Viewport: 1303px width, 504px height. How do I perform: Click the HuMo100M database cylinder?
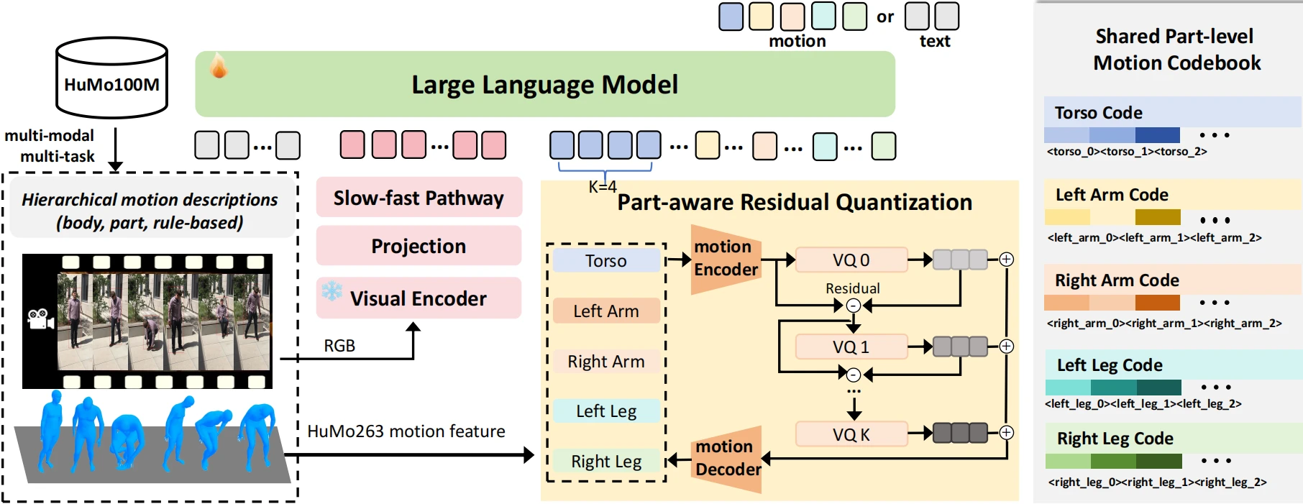point(111,78)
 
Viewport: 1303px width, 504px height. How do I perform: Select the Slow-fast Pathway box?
point(419,198)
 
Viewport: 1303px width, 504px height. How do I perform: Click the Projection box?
point(419,246)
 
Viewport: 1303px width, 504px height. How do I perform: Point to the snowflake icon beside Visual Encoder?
point(332,291)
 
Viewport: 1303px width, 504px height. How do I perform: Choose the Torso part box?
point(605,261)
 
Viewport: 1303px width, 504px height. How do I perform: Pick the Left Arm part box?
point(605,311)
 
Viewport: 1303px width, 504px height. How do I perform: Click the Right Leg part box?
point(605,462)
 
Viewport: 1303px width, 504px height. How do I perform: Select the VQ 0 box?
point(851,260)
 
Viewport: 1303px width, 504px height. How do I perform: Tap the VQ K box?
point(851,435)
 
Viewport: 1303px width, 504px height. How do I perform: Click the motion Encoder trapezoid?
point(725,259)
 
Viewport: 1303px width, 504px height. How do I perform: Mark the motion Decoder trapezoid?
point(726,458)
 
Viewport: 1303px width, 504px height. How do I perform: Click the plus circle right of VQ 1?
point(1007,347)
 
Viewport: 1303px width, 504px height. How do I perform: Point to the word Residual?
point(852,288)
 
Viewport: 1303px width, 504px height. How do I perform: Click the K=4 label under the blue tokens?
point(603,187)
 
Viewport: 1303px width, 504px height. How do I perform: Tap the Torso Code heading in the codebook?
point(1098,113)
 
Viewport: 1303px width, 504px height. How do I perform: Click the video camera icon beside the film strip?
point(40,319)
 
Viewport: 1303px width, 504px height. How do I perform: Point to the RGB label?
point(339,346)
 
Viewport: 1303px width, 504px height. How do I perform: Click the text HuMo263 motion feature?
point(406,431)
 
